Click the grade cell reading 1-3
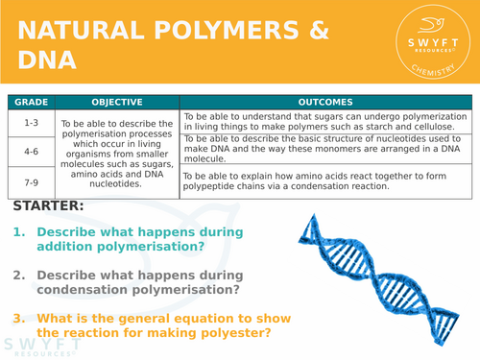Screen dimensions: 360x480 [x=31, y=123]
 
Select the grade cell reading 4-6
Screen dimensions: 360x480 [x=31, y=152]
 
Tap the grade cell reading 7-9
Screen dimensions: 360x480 [x=31, y=181]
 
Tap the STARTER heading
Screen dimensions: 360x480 [x=49, y=206]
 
